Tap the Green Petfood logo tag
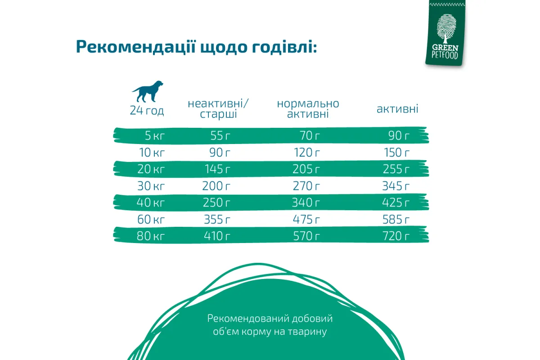pos(445,32)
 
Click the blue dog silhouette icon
pos(148,91)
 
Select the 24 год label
pos(147,110)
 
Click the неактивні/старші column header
pos(218,109)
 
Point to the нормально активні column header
pos(308,109)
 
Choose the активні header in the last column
pos(397,109)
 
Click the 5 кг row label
pos(154,135)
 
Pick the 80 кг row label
pos(151,236)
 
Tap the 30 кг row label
pos(151,186)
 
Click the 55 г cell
pos(220,135)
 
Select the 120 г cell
pos(306,153)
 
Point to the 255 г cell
pos(396,169)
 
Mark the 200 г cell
pos(216,186)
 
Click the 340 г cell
pos(306,202)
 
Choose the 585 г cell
pos(396,220)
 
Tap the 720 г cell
pos(396,236)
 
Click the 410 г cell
pos(217,236)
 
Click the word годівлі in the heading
pos(284,47)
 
